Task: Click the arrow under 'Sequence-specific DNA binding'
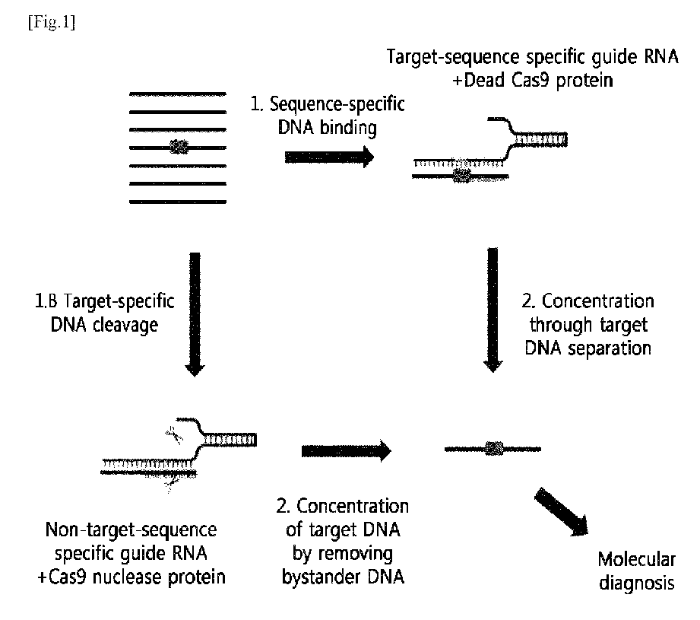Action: (x=329, y=157)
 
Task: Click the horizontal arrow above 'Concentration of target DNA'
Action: (x=346, y=450)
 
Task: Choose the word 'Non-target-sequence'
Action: (x=131, y=530)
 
